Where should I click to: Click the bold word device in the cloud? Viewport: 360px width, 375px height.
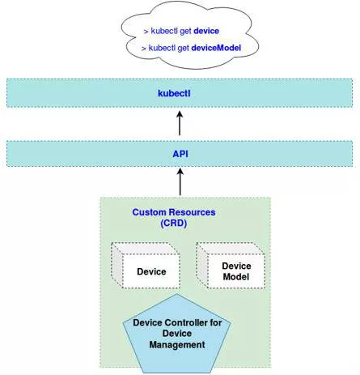206,31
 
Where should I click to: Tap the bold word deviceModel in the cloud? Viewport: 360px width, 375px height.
216,48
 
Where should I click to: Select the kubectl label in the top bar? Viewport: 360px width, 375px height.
174,93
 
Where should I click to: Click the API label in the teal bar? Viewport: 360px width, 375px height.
180,154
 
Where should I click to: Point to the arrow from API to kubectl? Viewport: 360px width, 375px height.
180,123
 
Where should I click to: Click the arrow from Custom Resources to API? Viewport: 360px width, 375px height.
180,181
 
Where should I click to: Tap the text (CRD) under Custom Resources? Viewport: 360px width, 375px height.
174,224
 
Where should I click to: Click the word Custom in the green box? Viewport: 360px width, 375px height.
149,212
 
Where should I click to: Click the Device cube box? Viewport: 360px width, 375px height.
146,266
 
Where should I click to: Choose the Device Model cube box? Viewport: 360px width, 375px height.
231,266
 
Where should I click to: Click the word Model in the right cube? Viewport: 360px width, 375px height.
236,277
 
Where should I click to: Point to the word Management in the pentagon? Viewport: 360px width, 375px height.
177,345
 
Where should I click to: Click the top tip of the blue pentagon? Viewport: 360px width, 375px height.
177,294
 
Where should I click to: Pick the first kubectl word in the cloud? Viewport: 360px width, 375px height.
164,31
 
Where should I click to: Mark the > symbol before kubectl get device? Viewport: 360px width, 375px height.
146,32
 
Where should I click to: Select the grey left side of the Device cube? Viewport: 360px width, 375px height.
116,265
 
